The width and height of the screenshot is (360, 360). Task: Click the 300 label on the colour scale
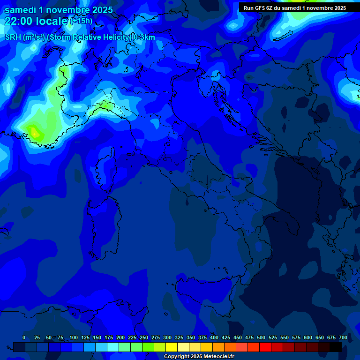coord(167,337)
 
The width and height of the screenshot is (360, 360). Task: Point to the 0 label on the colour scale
coord(24,337)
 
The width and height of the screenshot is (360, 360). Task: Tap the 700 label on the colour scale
coord(343,337)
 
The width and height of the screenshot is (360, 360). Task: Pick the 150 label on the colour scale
coord(97,337)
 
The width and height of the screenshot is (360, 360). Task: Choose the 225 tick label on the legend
coord(132,337)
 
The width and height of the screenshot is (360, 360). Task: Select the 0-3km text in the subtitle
coord(144,37)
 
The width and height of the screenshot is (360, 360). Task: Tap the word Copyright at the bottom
coord(176,357)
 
